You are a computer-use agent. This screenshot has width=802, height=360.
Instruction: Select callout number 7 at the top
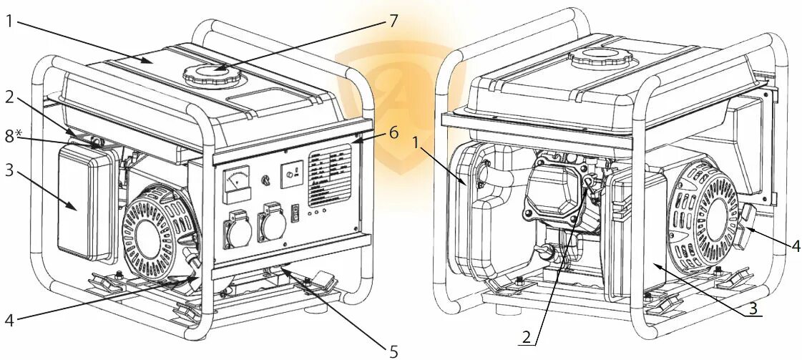(x=393, y=20)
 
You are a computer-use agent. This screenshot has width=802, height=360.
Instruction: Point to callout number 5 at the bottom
(x=393, y=351)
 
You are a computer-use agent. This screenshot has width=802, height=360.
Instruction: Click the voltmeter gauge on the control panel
(x=237, y=184)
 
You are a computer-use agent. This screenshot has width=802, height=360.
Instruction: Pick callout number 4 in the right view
(x=796, y=245)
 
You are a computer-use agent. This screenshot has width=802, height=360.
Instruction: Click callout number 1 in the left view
(x=9, y=21)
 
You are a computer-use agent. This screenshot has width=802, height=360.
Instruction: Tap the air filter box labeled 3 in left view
(x=83, y=203)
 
